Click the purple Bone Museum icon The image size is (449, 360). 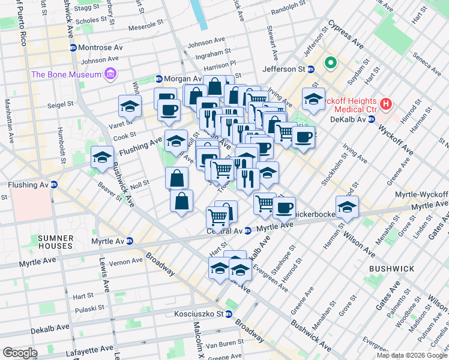(110, 74)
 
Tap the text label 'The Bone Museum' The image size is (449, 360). (67, 74)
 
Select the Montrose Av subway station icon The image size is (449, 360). (73, 47)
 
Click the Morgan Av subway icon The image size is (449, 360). (159, 79)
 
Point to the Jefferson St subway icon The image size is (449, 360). (311, 69)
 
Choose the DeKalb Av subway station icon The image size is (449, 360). (372, 119)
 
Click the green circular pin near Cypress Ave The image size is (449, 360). (330, 62)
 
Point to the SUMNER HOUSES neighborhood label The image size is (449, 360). (55, 242)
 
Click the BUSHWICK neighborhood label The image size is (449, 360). (389, 269)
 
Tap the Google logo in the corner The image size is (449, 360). (20, 353)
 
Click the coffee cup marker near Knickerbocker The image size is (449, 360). (285, 208)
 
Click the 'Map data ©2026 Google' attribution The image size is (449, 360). (412, 355)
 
